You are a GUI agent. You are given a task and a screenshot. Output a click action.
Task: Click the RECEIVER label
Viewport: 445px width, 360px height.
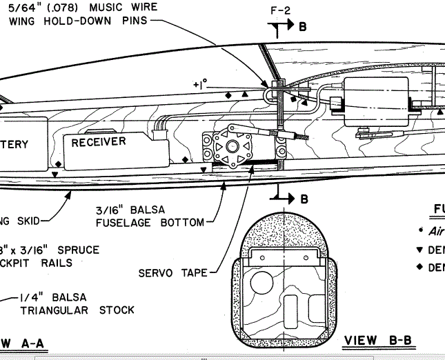pyautogui.click(x=99, y=142)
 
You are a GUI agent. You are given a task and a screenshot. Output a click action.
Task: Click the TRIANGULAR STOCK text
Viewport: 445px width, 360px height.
pyautogui.click(x=77, y=310)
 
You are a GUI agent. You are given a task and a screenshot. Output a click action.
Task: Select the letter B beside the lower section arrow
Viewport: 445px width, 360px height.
pyautogui.click(x=304, y=199)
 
